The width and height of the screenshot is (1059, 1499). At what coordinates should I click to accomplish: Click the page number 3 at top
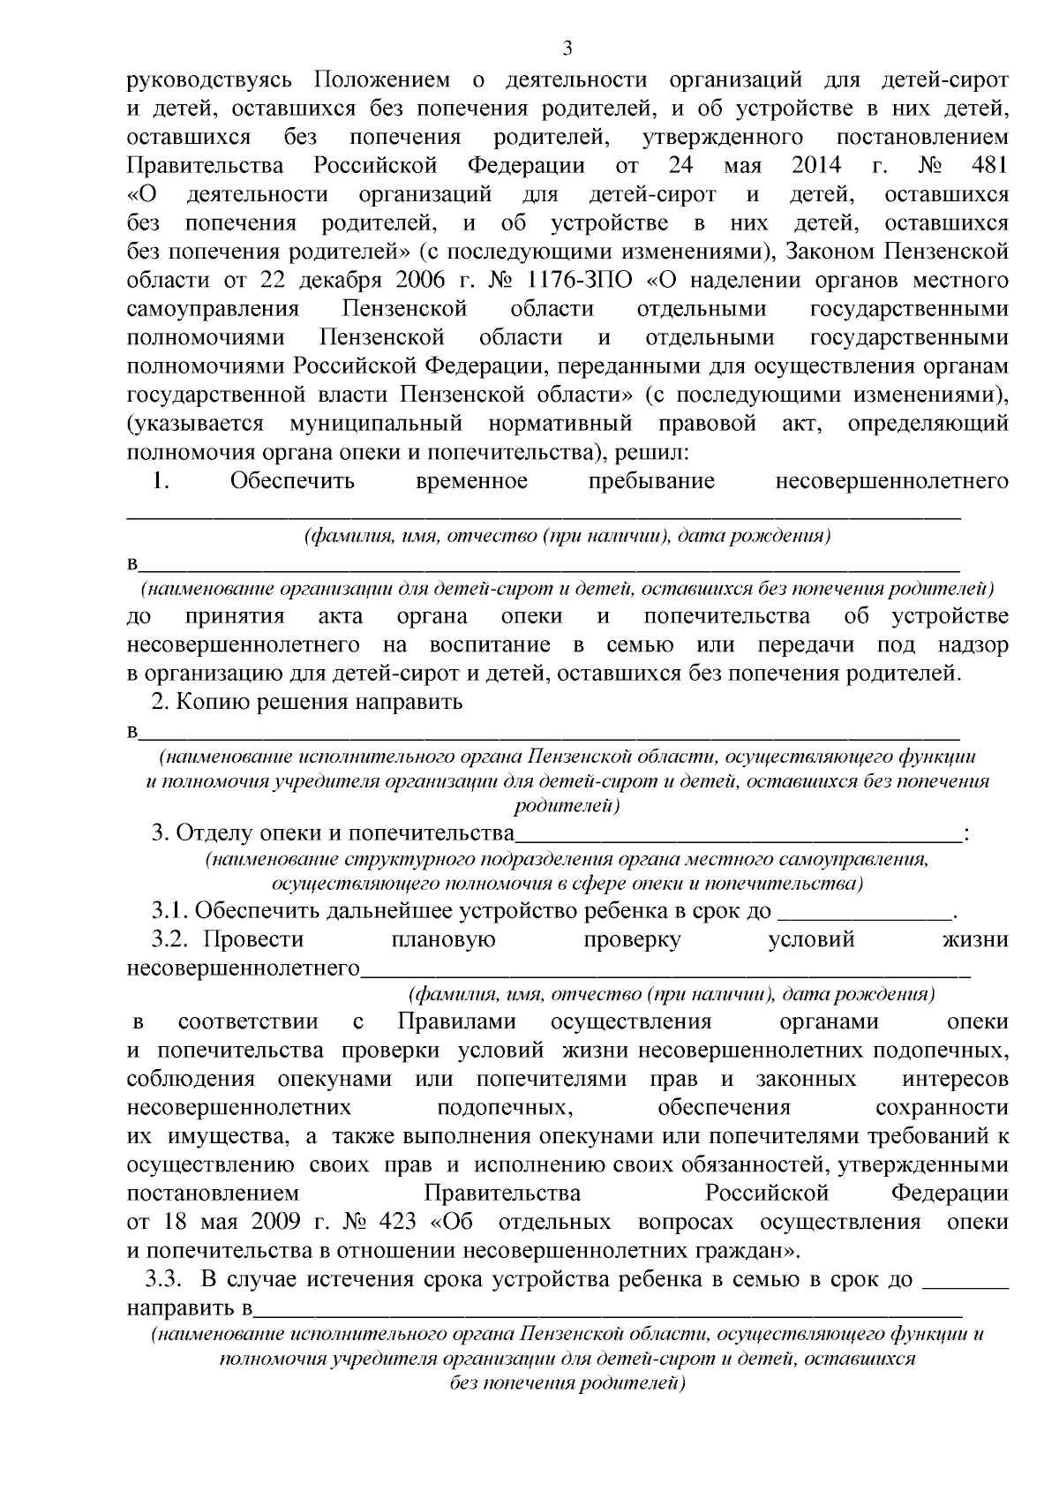tap(567, 47)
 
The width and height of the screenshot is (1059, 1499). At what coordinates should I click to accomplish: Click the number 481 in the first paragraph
tap(988, 166)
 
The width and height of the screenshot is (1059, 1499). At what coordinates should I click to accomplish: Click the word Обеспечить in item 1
tap(293, 482)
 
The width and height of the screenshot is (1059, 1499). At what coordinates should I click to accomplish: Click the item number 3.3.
tap(167, 1279)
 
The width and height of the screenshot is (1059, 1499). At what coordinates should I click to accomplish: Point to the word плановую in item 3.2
tap(442, 940)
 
